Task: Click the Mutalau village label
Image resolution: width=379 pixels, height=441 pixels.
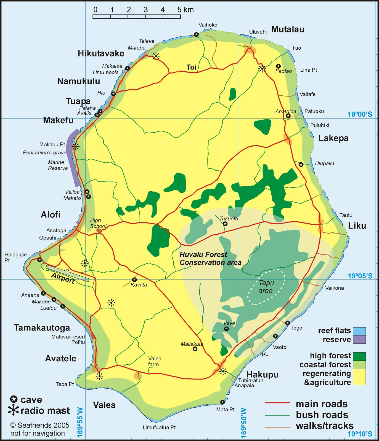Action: coord(288,29)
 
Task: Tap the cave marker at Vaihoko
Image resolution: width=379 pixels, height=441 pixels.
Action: coord(196,34)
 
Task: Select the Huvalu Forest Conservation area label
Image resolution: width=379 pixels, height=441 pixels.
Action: coord(210,259)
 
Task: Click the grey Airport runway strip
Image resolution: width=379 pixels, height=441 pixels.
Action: coord(68,273)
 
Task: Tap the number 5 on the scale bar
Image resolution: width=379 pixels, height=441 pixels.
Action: coord(179,10)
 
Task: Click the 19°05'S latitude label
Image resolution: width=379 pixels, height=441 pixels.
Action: coord(360,276)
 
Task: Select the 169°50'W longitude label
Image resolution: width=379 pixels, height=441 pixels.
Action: coord(243,423)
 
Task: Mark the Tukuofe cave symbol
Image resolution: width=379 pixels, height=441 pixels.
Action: coord(225,224)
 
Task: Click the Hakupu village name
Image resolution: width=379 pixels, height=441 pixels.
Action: coord(262,375)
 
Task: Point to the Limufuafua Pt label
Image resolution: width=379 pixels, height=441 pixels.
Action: coord(159,427)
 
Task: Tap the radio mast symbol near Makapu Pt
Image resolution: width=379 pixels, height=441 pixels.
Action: coord(76,147)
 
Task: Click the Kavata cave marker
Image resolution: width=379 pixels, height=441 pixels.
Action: coord(134,280)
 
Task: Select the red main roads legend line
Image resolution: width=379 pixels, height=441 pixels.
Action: coord(277,403)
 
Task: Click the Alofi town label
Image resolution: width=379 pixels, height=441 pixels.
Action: coord(51,215)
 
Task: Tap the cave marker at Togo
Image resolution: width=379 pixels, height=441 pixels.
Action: coord(288,323)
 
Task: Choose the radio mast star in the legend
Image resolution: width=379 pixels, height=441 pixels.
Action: coord(13,410)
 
